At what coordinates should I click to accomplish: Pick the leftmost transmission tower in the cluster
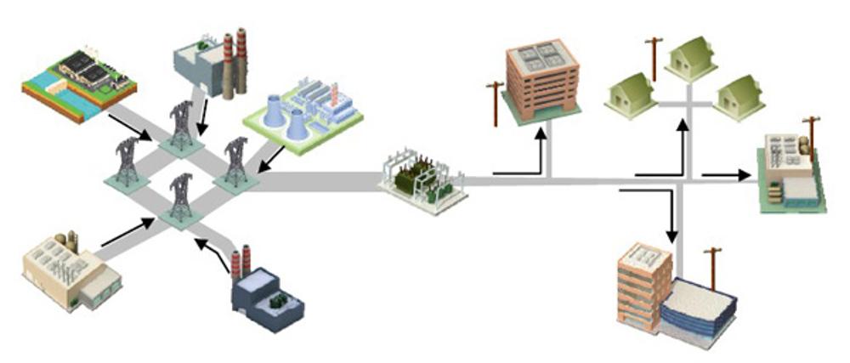(127, 162)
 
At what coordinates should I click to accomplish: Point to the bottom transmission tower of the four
(180, 198)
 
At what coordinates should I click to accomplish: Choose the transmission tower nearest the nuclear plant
(235, 162)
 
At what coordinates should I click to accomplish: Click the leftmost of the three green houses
(630, 92)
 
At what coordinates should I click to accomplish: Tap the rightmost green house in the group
(739, 95)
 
